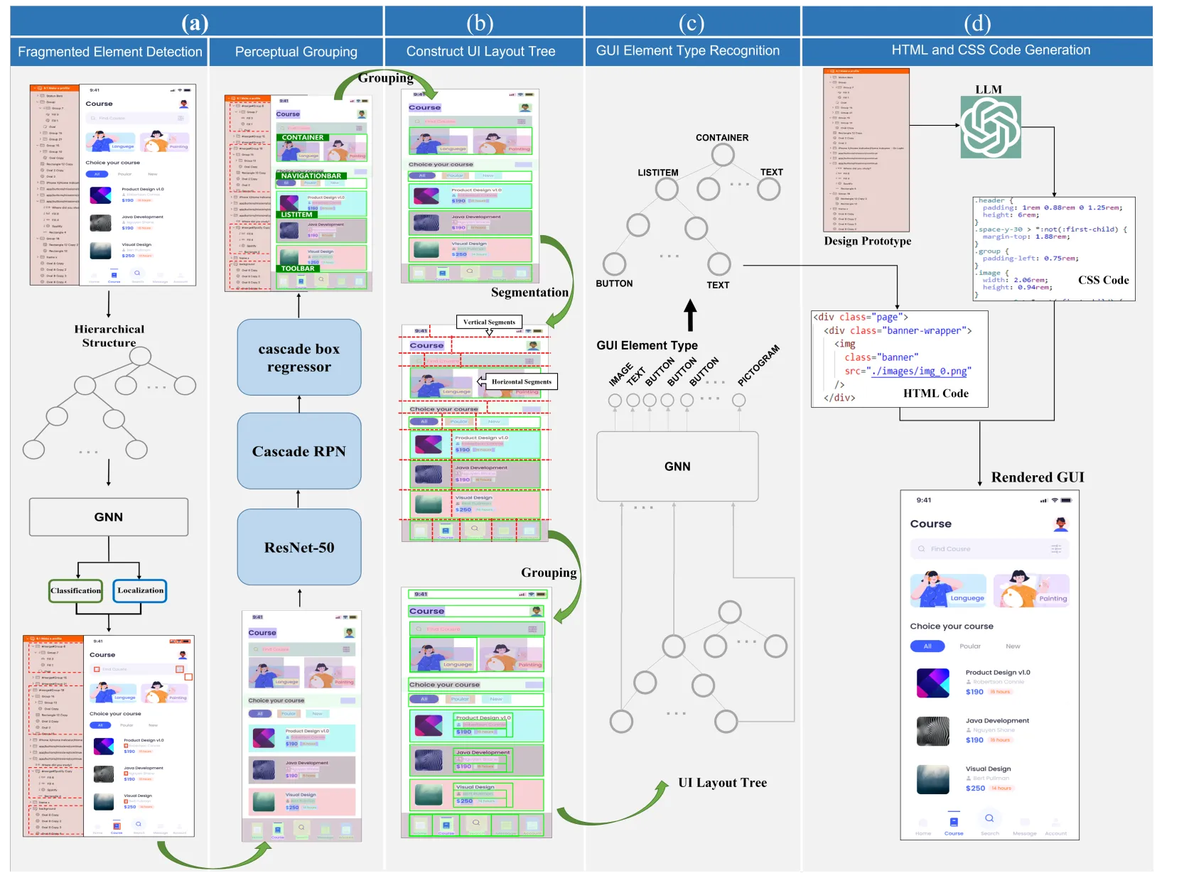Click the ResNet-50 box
pyautogui.click(x=299, y=548)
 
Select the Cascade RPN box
pyautogui.click(x=299, y=451)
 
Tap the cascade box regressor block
pyautogui.click(x=299, y=357)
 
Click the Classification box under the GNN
pyautogui.click(x=76, y=590)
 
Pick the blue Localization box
pyautogui.click(x=140, y=590)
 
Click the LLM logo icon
pyautogui.click(x=991, y=127)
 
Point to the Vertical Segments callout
pyautogui.click(x=489, y=322)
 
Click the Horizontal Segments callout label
pyautogui.click(x=521, y=381)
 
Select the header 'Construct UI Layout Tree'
pyautogui.click(x=480, y=51)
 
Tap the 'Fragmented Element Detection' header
pyautogui.click(x=110, y=52)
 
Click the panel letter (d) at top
pyautogui.click(x=977, y=23)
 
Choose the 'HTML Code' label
pyautogui.click(x=935, y=394)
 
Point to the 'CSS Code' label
pyautogui.click(x=1103, y=280)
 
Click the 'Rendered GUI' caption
pyautogui.click(x=1038, y=477)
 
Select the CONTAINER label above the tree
pyautogui.click(x=722, y=138)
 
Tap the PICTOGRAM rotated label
pyautogui.click(x=758, y=365)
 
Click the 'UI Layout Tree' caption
pyautogui.click(x=722, y=783)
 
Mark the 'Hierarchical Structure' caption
pyautogui.click(x=109, y=336)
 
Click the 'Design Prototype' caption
pyautogui.click(x=867, y=241)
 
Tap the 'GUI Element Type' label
pyautogui.click(x=647, y=345)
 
